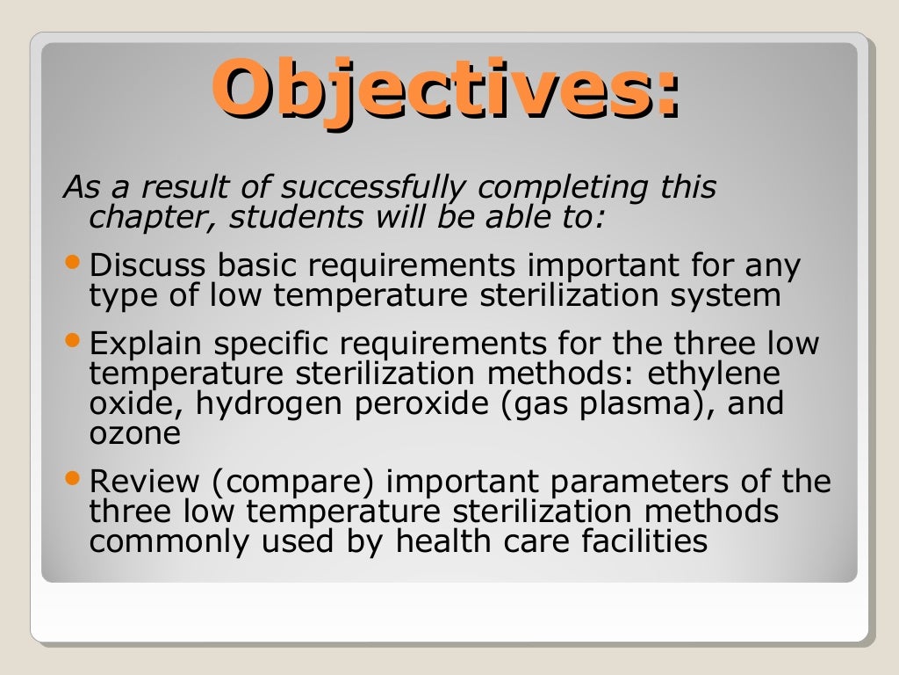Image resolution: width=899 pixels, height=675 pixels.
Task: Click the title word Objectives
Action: click(443, 90)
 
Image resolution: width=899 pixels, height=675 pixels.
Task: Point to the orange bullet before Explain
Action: click(73, 338)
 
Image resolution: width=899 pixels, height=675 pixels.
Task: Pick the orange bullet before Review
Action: click(73, 479)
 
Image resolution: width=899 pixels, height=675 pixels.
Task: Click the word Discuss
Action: click(147, 265)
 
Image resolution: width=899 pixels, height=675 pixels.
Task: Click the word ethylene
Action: click(714, 373)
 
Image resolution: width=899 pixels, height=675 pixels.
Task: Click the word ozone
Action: click(134, 433)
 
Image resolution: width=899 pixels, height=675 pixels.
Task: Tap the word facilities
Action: click(644, 541)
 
